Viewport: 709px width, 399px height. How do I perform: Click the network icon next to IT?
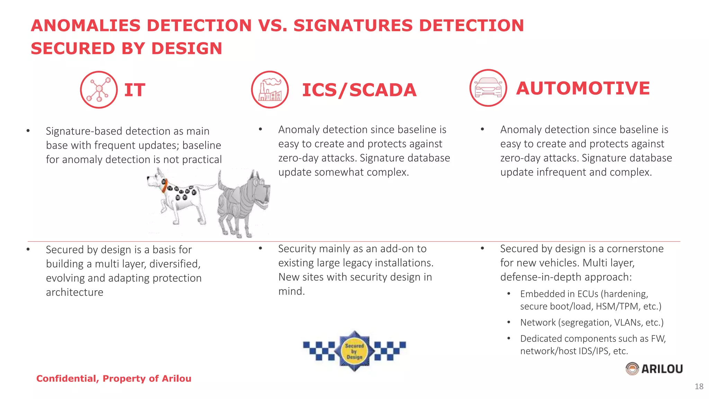tap(99, 90)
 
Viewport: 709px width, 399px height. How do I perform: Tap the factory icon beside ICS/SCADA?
tap(270, 90)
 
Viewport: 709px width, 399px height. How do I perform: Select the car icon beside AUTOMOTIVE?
tap(488, 88)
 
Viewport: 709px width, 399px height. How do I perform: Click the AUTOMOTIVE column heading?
tap(583, 88)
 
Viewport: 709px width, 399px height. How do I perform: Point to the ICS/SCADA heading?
tap(359, 90)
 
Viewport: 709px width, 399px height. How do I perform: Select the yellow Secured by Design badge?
tap(354, 351)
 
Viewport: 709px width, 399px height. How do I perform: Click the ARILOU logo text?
tap(662, 369)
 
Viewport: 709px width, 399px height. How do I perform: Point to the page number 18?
tap(699, 387)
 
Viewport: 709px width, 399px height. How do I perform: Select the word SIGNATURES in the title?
tap(353, 26)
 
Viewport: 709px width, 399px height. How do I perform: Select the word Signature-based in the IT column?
tap(84, 131)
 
